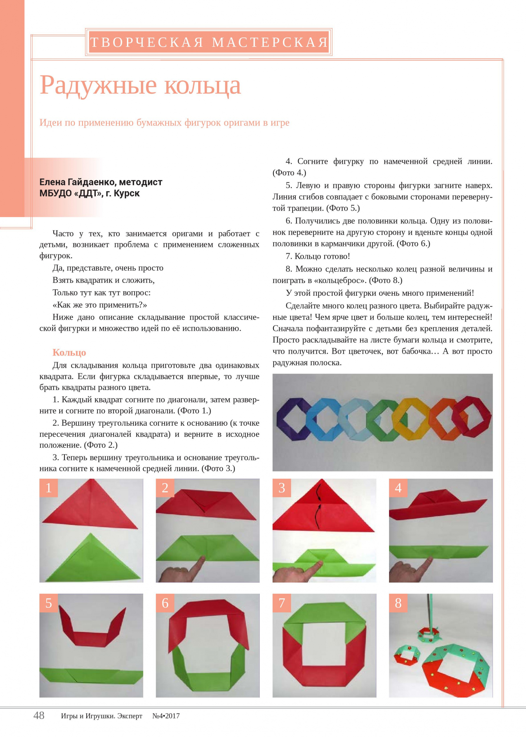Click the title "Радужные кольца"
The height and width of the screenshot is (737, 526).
[x=140, y=85]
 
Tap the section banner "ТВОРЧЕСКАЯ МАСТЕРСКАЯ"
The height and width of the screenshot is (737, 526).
[x=209, y=42]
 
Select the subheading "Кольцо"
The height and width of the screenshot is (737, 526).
[x=69, y=353]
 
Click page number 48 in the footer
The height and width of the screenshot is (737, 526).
[x=39, y=715]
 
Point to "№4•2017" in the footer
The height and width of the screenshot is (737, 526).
[x=166, y=716]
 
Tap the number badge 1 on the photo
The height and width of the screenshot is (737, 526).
[x=49, y=488]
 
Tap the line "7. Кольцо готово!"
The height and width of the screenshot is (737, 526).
[x=318, y=256]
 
